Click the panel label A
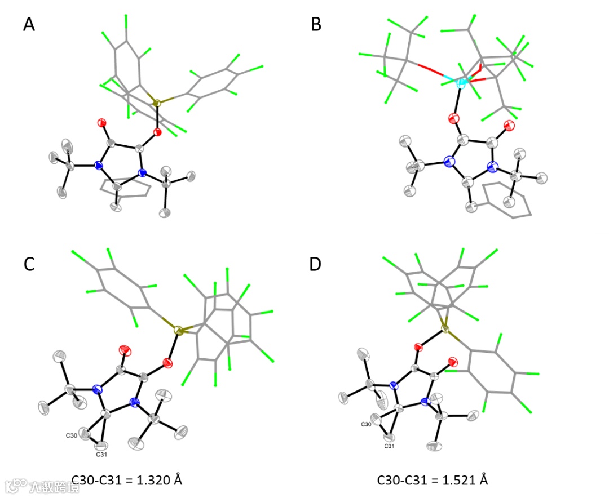point(29,25)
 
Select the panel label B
point(316,25)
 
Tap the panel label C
point(29,264)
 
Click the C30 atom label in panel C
point(72,435)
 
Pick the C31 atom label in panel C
point(101,454)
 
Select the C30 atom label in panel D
point(366,424)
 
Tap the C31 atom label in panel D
point(389,446)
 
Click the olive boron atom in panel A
point(157,103)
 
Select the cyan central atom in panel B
point(461,83)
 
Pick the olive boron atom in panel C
point(179,332)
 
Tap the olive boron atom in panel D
point(445,328)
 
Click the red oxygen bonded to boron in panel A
point(157,133)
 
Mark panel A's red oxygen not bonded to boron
point(102,122)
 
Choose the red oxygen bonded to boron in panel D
point(418,346)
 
